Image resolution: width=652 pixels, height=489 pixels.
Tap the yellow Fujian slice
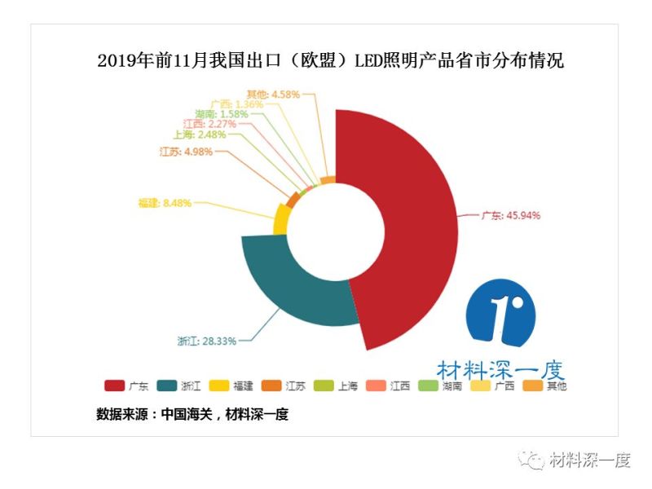(281, 219)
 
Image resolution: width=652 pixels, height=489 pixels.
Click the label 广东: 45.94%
(511, 215)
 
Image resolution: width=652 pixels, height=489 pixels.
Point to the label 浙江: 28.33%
(207, 341)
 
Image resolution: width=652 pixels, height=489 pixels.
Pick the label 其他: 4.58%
(273, 94)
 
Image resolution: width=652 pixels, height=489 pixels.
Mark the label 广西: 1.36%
(236, 104)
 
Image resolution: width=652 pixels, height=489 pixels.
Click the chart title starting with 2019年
(330, 62)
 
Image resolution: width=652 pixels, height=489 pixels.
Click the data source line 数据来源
(192, 414)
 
